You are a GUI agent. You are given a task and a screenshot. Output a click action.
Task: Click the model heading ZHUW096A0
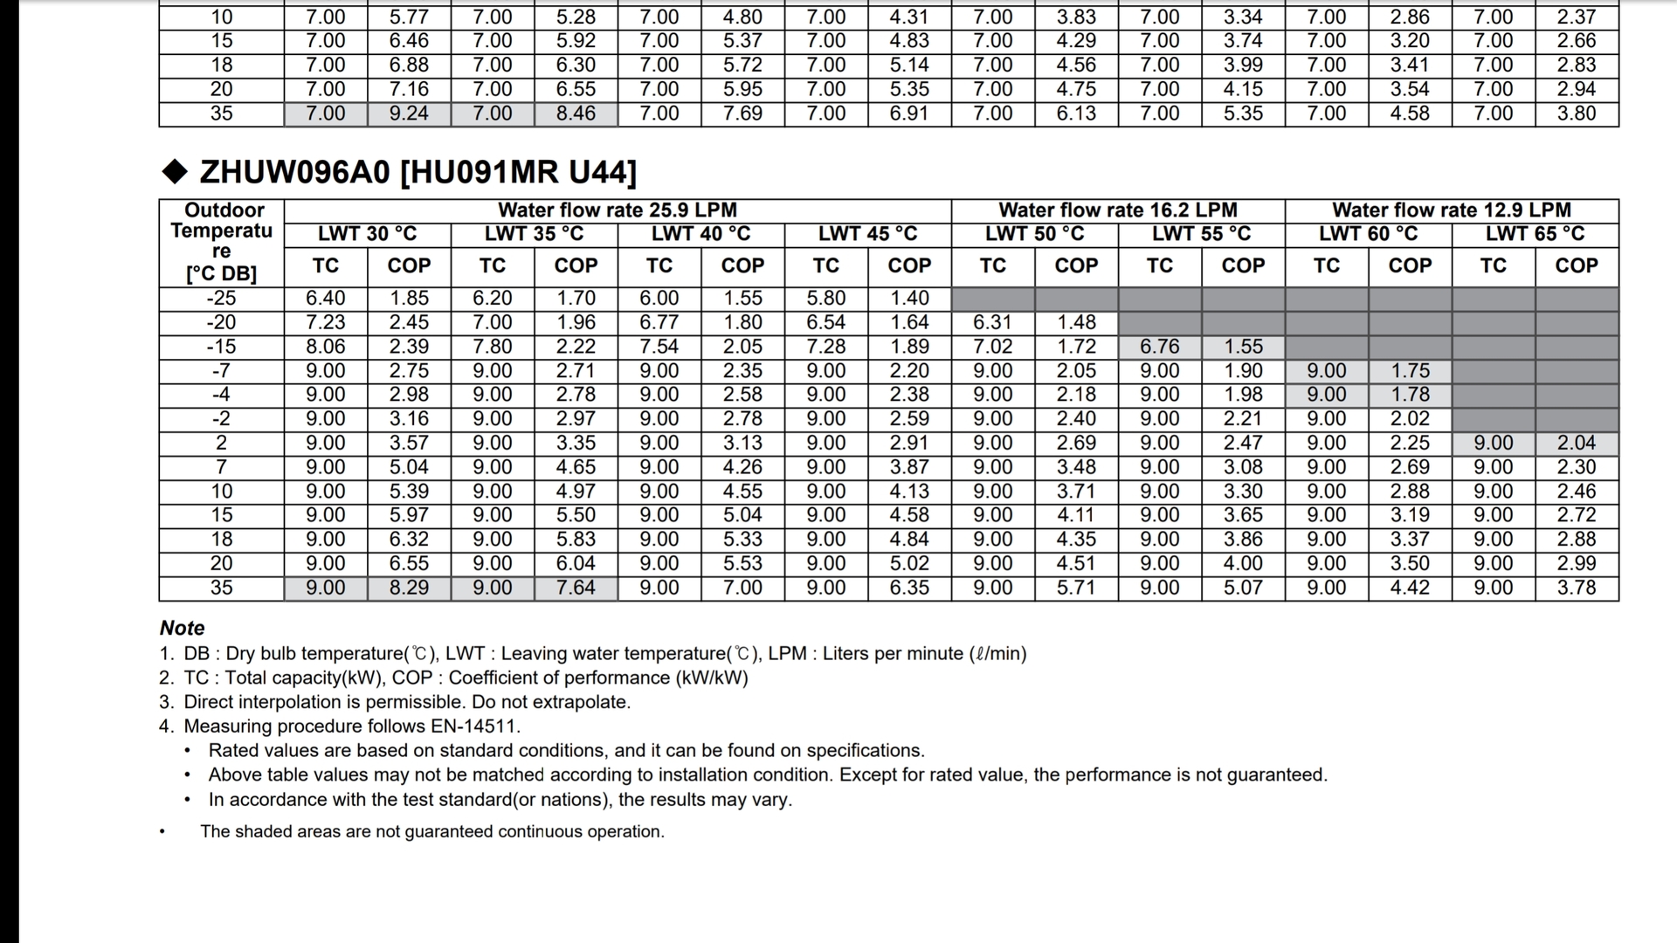294,172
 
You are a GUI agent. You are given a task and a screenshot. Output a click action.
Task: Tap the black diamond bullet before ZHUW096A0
175,172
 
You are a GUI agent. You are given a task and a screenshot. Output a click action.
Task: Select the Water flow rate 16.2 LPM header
1118,210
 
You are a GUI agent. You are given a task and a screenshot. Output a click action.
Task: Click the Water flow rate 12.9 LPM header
1452,210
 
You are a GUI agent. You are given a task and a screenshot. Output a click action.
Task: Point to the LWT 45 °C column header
867,234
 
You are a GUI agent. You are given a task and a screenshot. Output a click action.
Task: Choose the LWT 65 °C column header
1535,234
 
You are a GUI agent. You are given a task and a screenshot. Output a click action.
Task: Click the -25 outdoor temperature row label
221,299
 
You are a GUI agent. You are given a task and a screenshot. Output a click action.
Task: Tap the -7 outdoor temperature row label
221,371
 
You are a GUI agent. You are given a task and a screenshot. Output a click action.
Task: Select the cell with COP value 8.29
409,588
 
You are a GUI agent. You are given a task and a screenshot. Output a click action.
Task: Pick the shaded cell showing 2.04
1577,444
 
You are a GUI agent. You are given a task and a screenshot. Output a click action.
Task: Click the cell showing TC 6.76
1159,347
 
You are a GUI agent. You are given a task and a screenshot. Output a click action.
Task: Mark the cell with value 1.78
1410,395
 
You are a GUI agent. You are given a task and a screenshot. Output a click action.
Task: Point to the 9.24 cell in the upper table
409,114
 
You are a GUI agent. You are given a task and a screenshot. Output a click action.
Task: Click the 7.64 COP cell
576,588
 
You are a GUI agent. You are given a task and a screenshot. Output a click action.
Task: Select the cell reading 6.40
325,299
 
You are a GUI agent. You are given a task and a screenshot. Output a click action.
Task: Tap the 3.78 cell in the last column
1577,588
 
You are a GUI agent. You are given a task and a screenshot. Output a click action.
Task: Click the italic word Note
182,628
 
